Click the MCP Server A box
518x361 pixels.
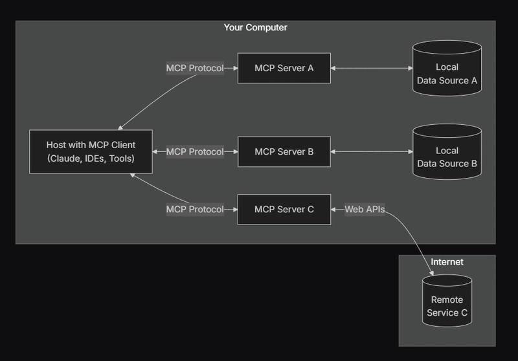pos(284,68)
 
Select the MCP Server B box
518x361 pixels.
pos(284,152)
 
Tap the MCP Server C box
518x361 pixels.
pos(284,209)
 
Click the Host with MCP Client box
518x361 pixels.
pos(91,152)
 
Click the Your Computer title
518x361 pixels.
pos(255,28)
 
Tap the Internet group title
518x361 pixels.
pos(447,262)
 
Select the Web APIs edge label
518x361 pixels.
pos(365,209)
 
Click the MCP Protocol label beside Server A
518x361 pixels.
pos(195,68)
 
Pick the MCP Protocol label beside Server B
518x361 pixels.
pos(195,152)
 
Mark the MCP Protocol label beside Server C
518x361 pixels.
pos(195,209)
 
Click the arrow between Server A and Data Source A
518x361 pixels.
pos(372,68)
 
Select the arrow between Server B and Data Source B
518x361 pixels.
pos(372,152)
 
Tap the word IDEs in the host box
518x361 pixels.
pos(93,159)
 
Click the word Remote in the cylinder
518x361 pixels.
pos(447,300)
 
